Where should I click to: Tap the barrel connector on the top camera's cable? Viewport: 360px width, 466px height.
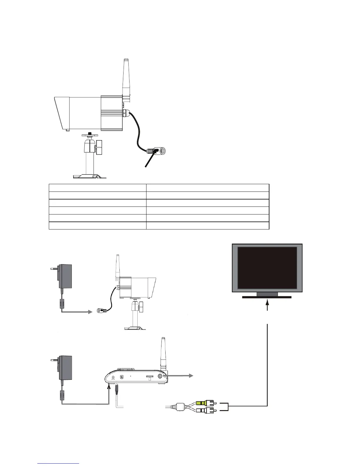(x=157, y=151)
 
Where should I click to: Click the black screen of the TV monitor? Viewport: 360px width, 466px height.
(x=267, y=268)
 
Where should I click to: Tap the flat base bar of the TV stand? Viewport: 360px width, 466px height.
(x=267, y=297)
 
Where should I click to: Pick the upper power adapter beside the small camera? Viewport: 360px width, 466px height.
(x=65, y=277)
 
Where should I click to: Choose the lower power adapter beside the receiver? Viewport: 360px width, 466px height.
(x=65, y=368)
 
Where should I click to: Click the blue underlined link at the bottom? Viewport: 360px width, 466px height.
(x=59, y=463)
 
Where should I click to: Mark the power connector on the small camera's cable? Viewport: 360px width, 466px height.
(x=101, y=310)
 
